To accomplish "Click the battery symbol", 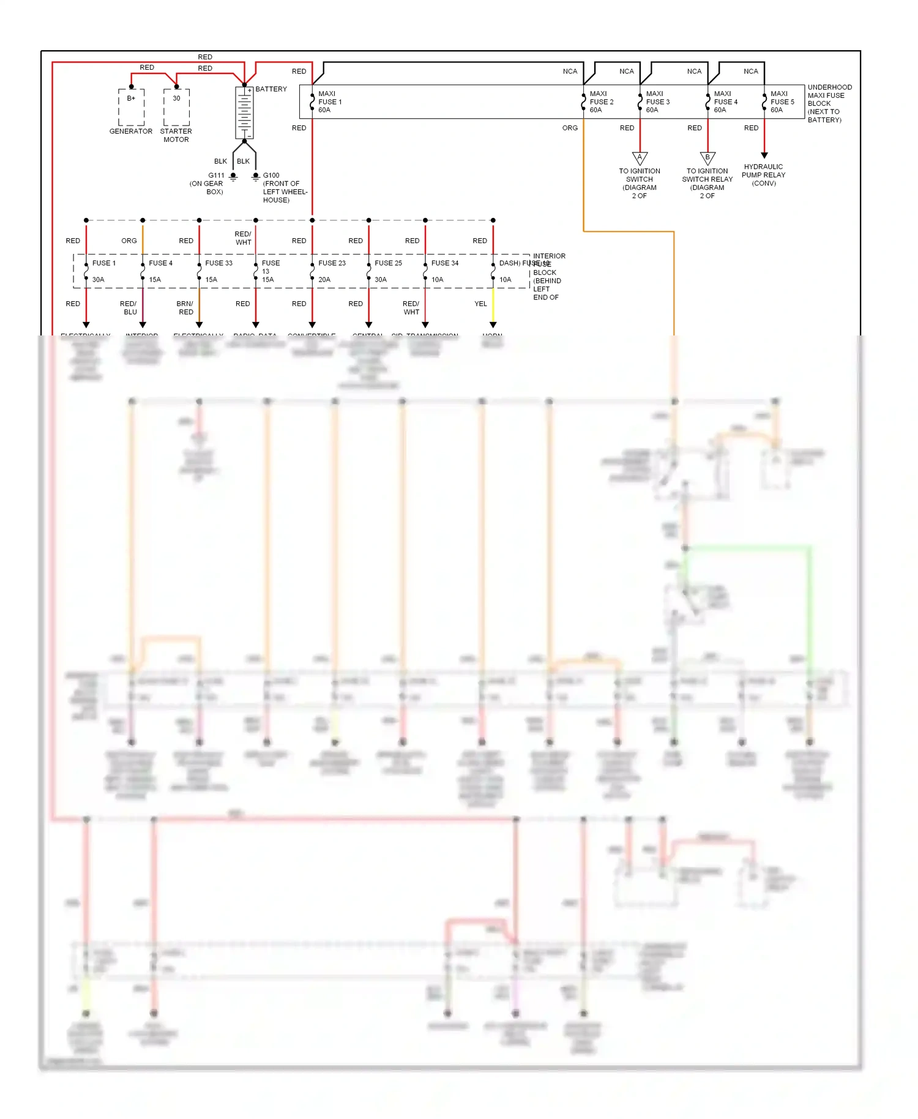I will [244, 113].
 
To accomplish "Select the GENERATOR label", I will [130, 131].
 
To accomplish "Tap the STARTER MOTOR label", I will [176, 135].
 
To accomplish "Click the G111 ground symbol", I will [233, 177].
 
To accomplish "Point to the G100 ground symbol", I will [256, 177].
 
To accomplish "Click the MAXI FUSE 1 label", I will [330, 102].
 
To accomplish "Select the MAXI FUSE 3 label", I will [658, 102].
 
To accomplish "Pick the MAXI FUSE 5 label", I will [782, 102].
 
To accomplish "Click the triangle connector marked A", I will [640, 159].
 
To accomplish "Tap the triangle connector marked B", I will [707, 159].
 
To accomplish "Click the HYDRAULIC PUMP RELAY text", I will [764, 174].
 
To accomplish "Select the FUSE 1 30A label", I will [102, 271].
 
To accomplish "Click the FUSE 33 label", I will [218, 263].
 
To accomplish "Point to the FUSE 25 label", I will [388, 263].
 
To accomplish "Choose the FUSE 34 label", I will [444, 263].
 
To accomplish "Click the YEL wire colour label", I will [481, 304].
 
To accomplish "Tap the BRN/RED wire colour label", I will [185, 308].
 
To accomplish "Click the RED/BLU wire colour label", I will [129, 308].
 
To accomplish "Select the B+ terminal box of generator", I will [131, 107].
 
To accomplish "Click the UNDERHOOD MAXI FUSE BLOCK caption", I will [829, 103].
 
